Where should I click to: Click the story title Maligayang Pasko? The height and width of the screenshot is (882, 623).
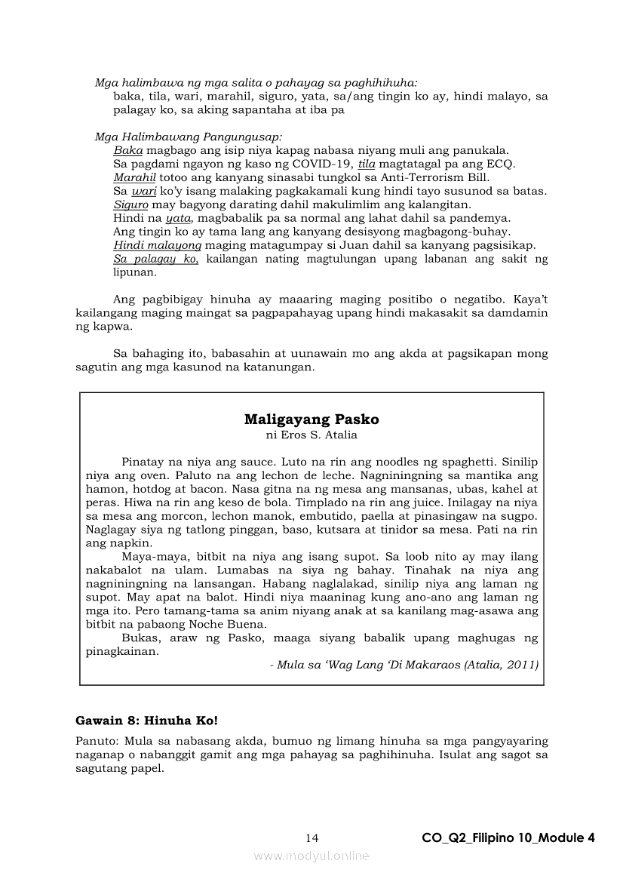pyautogui.click(x=311, y=419)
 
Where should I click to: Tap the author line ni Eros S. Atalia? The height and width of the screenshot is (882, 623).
pyautogui.click(x=311, y=435)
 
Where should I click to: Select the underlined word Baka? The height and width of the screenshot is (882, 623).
pyautogui.click(x=127, y=150)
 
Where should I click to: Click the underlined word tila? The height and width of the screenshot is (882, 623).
pyautogui.click(x=367, y=164)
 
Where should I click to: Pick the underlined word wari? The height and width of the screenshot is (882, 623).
pyautogui.click(x=144, y=191)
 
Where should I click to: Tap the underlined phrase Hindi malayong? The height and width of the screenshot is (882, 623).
pyautogui.click(x=158, y=245)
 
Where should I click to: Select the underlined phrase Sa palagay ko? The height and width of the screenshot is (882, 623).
pyautogui.click(x=155, y=259)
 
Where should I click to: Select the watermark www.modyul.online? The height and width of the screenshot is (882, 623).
pyautogui.click(x=311, y=856)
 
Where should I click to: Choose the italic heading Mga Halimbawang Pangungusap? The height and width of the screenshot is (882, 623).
pyautogui.click(x=189, y=137)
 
